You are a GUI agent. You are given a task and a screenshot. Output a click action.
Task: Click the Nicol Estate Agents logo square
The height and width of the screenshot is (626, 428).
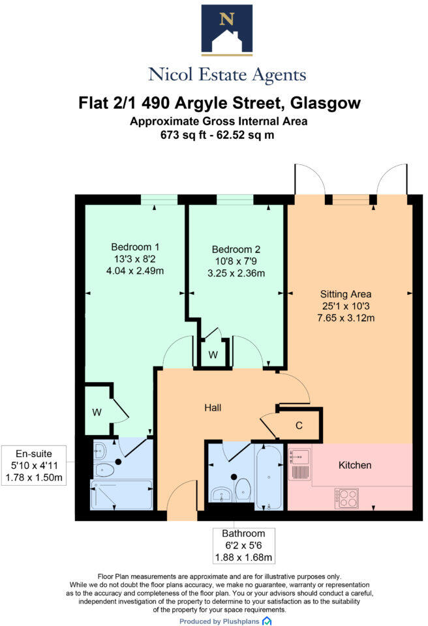[227, 29]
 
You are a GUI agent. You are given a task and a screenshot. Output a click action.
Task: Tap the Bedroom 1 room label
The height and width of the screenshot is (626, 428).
[135, 247]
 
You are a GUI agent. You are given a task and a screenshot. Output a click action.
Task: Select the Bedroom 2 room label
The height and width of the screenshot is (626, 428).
[236, 249]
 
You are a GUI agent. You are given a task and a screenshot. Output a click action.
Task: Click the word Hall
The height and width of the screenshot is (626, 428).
[212, 408]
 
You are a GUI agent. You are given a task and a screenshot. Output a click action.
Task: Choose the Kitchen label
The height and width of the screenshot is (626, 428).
[355, 465]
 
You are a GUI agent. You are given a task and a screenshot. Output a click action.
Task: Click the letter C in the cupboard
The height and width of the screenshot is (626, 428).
[299, 426]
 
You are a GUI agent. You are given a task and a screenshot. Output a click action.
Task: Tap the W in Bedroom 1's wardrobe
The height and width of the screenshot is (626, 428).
[97, 412]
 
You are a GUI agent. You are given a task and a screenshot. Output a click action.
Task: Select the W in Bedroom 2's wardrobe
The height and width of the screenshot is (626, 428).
[213, 355]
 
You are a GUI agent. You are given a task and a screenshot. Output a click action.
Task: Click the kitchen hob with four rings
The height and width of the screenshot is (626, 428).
[346, 498]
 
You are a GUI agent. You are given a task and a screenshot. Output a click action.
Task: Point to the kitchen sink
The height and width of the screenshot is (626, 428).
[300, 464]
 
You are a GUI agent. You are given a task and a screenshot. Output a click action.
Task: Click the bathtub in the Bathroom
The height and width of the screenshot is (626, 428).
[269, 477]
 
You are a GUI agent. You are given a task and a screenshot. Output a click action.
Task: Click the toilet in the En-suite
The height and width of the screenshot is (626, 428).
[103, 470]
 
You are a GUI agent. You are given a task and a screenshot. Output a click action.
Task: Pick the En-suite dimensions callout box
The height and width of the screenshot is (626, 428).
[37, 466]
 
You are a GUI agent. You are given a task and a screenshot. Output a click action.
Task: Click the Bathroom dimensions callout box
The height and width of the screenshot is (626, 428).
[243, 545]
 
